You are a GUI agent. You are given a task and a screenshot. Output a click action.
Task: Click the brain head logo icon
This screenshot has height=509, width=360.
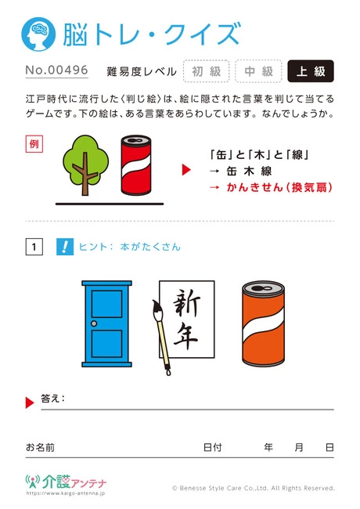coord(38,34)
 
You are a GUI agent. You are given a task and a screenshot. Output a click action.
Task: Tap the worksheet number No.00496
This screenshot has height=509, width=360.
coord(57,70)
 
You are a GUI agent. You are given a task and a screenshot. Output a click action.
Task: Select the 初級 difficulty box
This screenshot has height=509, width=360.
coord(207,71)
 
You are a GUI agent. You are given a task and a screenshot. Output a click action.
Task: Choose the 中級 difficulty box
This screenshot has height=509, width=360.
coord(258,71)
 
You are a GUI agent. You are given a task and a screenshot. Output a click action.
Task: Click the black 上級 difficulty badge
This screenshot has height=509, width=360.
coord(311,71)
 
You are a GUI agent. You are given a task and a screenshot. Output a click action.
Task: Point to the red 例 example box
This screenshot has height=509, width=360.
coord(34,144)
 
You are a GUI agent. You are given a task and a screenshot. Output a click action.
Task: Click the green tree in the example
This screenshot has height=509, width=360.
coord(85,164)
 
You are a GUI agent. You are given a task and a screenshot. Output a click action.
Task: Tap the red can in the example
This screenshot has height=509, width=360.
coord(136,165)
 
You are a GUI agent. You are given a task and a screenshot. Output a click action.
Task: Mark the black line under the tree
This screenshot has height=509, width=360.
coord(110,204)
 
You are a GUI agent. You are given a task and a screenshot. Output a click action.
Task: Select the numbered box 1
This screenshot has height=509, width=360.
coord(34,247)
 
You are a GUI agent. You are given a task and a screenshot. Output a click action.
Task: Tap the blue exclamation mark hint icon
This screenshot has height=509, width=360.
coord(65,247)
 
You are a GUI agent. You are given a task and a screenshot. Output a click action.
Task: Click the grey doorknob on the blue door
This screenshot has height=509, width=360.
coord(94,323)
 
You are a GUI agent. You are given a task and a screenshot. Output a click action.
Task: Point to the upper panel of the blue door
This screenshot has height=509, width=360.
coord(106,304)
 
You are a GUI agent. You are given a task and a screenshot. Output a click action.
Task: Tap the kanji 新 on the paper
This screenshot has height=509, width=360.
coord(186,305)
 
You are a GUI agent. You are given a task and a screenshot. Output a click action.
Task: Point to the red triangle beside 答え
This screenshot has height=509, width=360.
coord(30,403)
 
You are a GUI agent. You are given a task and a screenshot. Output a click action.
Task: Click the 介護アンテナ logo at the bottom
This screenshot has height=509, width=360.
coord(66,482)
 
